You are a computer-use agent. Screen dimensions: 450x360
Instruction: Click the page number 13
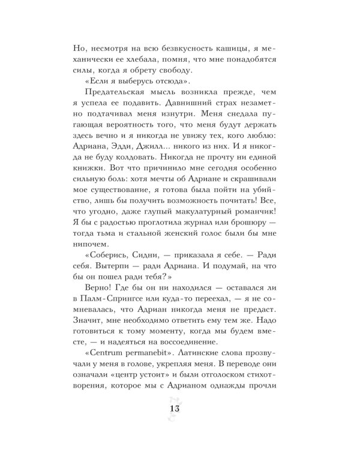pos(180,409)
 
